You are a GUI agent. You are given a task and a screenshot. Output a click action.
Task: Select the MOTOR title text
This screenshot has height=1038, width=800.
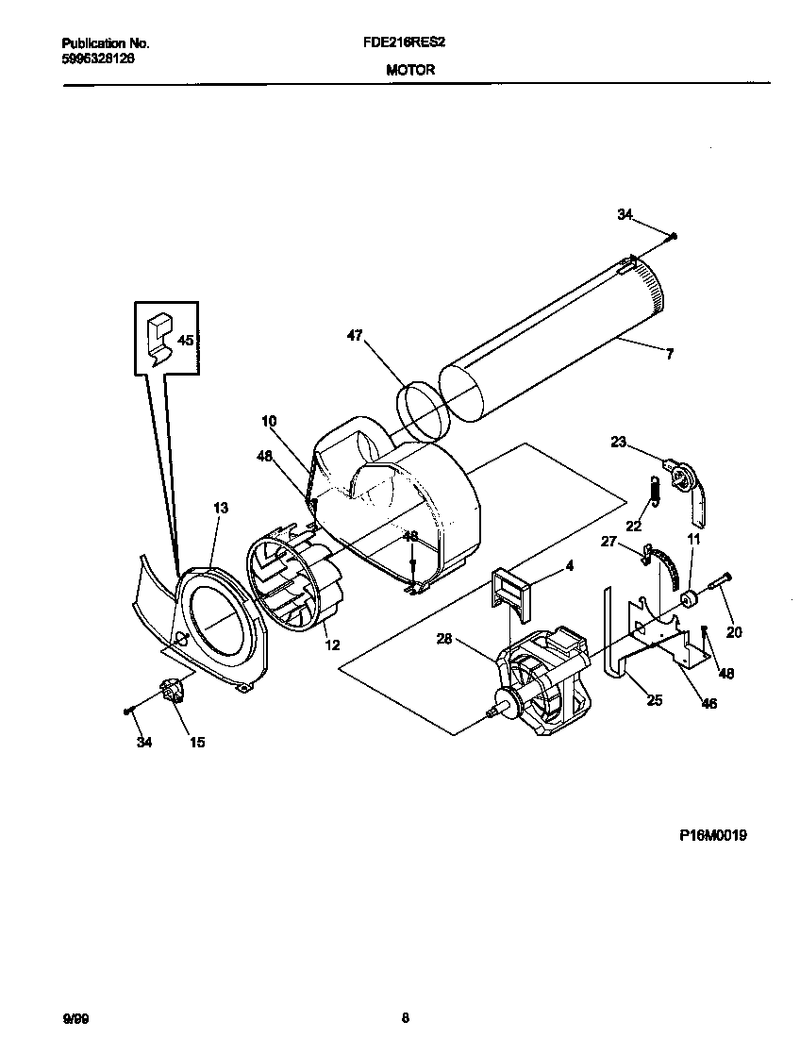pos(410,70)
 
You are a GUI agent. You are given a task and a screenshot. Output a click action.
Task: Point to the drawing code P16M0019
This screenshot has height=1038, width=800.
pos(712,835)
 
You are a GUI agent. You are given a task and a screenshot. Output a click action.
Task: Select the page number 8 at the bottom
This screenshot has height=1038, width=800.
pos(405,1017)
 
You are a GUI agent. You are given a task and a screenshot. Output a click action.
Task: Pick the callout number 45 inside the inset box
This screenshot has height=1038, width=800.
pos(186,341)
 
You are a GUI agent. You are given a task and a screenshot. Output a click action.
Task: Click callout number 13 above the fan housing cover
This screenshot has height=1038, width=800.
pos(220,508)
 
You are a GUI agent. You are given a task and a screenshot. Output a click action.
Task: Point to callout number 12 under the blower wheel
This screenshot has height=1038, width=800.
pos(331,645)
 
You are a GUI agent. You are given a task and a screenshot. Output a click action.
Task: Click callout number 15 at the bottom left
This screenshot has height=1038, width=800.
pos(197,743)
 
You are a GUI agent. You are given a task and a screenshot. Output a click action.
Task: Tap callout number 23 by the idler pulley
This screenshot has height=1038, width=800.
pos(619,440)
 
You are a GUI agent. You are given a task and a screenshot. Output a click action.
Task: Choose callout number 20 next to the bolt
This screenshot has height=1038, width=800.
pos(733,631)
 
